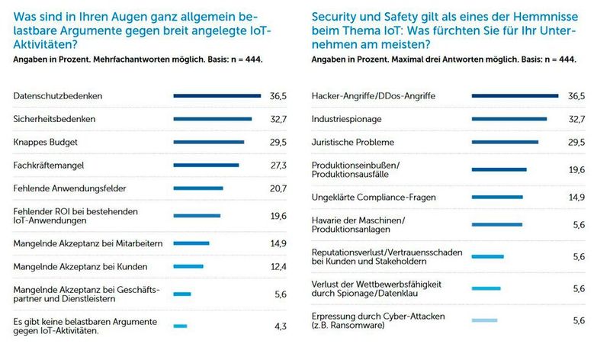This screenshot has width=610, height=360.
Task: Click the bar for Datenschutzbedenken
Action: coord(217,96)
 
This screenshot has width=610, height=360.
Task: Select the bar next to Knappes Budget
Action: coord(209,142)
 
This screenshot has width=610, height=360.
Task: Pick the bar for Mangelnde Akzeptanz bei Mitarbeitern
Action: coord(191,243)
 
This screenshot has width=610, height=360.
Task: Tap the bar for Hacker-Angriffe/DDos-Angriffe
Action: coord(515,96)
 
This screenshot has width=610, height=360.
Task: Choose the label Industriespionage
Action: coord(348,119)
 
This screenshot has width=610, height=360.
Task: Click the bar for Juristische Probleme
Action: coord(506,142)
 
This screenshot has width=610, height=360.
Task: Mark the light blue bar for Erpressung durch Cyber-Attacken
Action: coord(484,320)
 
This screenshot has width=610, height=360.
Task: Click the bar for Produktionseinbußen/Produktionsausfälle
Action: coord(499,169)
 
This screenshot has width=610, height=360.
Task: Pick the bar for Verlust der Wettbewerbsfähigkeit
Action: coord(486,288)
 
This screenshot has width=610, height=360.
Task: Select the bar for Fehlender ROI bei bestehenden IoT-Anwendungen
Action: coord(197,216)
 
